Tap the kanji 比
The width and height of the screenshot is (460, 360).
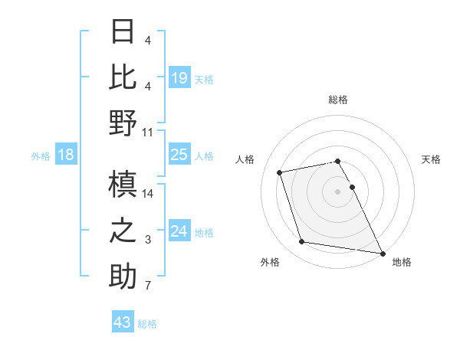123,77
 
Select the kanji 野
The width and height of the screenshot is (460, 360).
123,123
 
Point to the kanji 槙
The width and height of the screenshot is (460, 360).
123,184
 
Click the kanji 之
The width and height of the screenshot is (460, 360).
123,231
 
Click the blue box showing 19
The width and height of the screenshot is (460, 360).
179,77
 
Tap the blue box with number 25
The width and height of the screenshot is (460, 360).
179,155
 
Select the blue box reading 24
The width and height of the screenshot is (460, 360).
179,232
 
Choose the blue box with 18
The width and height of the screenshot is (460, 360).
66,155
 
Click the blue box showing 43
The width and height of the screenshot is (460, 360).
123,322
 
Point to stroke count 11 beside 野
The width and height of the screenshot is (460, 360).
148,132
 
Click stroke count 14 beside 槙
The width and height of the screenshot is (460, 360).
148,193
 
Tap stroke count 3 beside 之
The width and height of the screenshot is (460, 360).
148,240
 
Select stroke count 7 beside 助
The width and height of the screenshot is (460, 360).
148,286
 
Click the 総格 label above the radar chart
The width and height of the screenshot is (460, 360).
338,100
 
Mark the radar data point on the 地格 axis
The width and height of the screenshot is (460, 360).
382,252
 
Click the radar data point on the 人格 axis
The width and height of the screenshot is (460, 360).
280,172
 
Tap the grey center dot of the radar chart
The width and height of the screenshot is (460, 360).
338,191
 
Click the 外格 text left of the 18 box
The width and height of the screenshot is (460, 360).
41,156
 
